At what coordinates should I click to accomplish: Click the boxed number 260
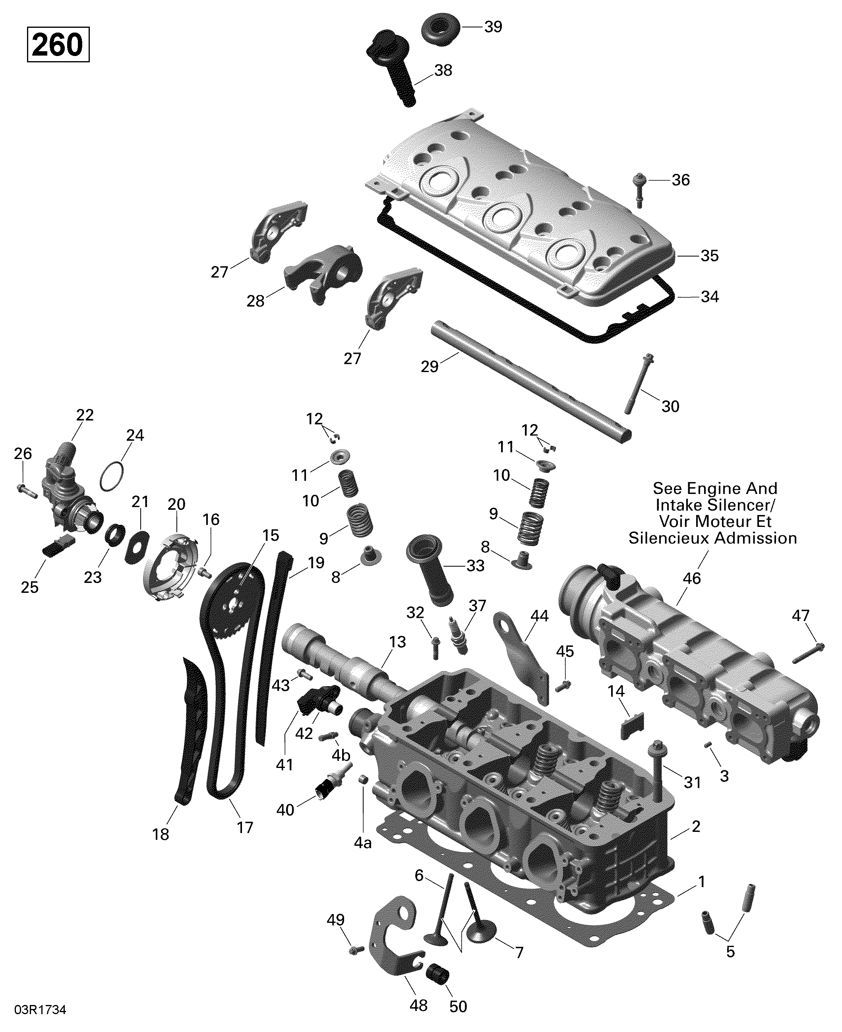58,45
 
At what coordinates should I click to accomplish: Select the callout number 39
493,27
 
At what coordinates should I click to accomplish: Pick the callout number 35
709,256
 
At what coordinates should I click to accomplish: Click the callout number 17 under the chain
245,828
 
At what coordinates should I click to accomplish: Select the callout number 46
692,578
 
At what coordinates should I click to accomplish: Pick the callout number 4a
362,843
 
